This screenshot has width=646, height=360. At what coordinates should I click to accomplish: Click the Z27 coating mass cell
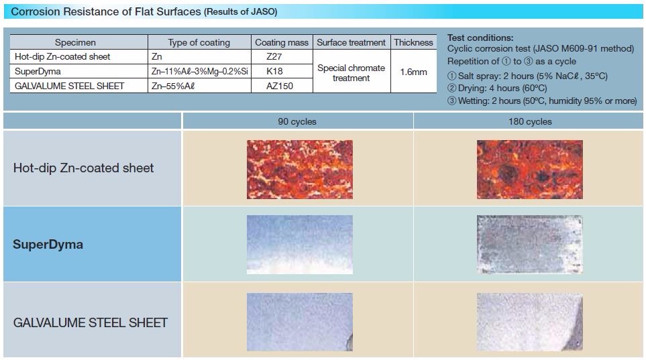pos(282,56)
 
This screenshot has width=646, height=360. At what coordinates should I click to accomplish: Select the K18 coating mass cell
pos(282,71)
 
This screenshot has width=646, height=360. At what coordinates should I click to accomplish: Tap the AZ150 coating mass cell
pos(282,86)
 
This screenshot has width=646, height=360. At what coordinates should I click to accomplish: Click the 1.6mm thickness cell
pos(414,72)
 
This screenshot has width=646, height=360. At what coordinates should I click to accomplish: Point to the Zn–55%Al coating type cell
pos(199,86)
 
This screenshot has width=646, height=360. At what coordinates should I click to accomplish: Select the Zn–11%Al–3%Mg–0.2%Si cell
pos(199,71)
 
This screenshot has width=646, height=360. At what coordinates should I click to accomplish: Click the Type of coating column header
pos(199,42)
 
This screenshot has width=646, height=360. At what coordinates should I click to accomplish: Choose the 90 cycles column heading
pos(297,121)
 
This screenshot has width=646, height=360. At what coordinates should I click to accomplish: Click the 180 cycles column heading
pos(530,121)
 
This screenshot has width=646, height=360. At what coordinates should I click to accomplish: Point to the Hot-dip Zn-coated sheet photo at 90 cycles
pos(299,170)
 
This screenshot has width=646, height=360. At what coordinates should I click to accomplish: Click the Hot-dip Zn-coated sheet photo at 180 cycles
pos(530,170)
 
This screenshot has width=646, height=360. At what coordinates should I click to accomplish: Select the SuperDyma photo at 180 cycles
pos(530,244)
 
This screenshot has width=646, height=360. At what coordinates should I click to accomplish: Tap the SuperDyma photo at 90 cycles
pos(299,244)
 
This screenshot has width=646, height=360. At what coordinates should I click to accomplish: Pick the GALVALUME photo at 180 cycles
pos(530,322)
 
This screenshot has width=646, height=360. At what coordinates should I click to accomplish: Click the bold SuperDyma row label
pos(48,244)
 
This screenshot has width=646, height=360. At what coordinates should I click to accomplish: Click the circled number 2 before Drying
pos(452,88)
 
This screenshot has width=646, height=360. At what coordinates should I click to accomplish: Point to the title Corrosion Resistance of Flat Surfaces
pos(106,11)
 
